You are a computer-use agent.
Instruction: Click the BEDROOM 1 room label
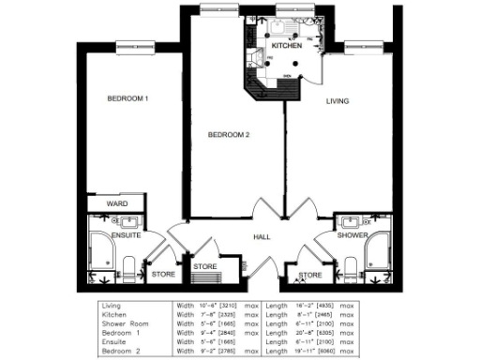[x=127, y=99]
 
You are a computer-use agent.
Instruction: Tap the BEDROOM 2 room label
[x=228, y=135]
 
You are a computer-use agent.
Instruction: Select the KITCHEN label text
[x=286, y=46]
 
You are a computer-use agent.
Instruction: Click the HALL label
[x=262, y=236]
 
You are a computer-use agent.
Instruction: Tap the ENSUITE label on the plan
[x=126, y=235]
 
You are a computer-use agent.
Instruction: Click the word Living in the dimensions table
[x=112, y=306]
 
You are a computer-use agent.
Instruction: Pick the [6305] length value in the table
[x=322, y=331]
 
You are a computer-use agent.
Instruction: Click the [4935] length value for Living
[x=322, y=306]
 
